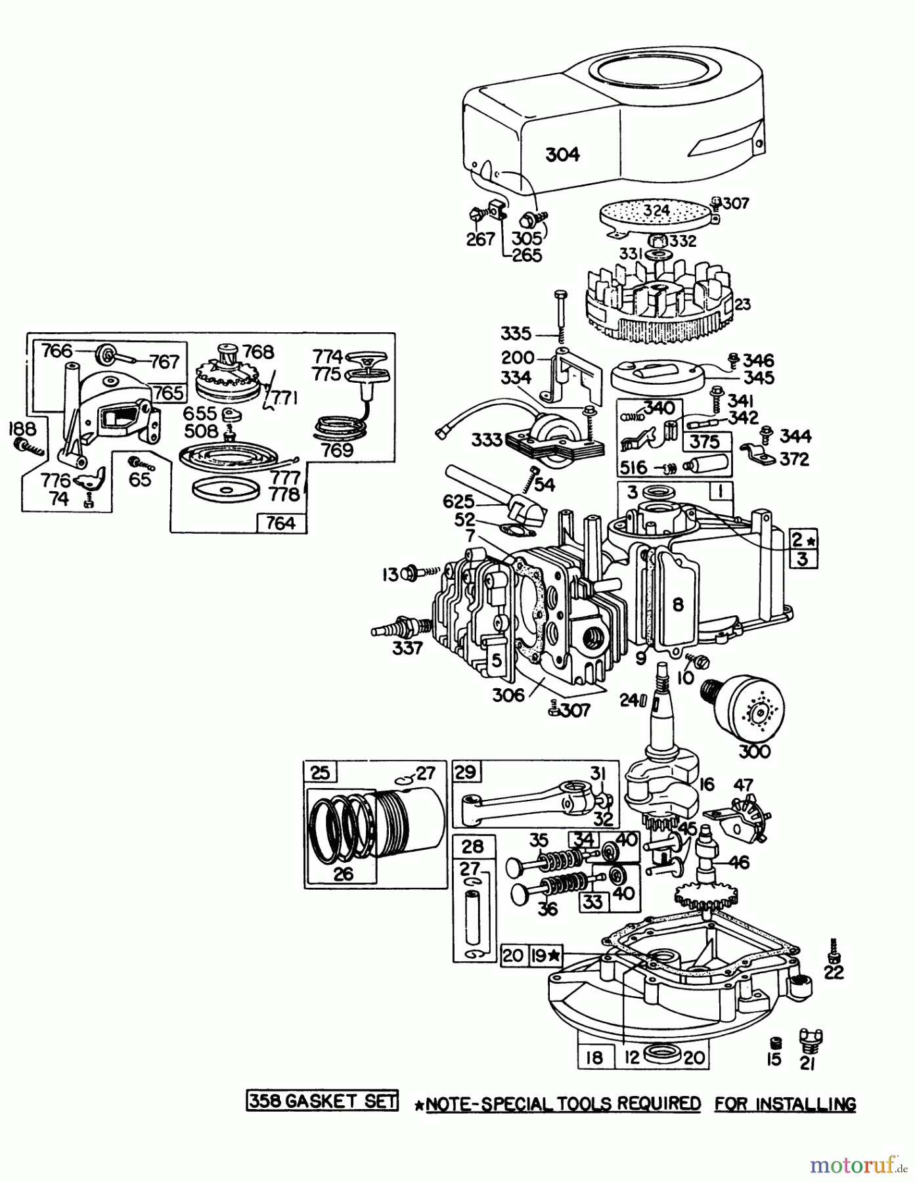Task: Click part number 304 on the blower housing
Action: click(x=563, y=155)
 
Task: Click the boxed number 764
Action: click(x=280, y=523)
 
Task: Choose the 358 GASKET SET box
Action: click(x=322, y=1101)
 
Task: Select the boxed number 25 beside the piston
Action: click(x=321, y=773)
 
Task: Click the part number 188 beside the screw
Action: click(x=21, y=430)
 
